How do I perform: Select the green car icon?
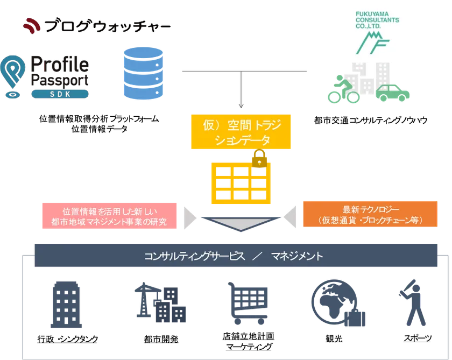click(393, 93)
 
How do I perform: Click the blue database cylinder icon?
click(143, 74)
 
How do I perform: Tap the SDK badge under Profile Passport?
click(59, 94)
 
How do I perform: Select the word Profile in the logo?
click(59, 67)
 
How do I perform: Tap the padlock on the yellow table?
click(259, 159)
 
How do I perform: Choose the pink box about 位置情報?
click(108, 216)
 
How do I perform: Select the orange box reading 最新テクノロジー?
click(370, 215)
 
